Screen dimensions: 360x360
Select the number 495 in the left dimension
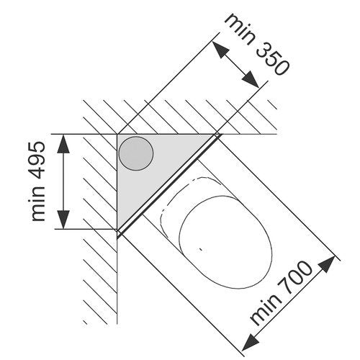click(x=38, y=161)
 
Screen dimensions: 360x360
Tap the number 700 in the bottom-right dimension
click(x=294, y=279)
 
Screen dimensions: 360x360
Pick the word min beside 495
click(x=38, y=204)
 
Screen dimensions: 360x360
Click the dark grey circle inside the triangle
click(x=136, y=153)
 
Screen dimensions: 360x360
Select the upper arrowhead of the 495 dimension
click(x=63, y=144)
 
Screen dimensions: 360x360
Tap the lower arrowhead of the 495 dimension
click(x=63, y=220)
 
